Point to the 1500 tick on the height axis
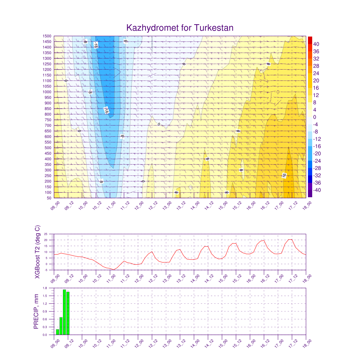click(x=47, y=36)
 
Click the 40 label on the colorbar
click(x=316, y=44)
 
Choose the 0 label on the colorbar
click(x=315, y=117)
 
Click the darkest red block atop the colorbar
click(x=310, y=40)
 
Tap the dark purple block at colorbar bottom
click(x=310, y=193)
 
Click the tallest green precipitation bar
click(x=64, y=312)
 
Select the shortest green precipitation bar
click(x=57, y=332)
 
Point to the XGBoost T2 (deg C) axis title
click(x=37, y=252)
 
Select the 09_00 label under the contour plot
click(x=54, y=206)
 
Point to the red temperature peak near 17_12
click(x=290, y=239)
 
